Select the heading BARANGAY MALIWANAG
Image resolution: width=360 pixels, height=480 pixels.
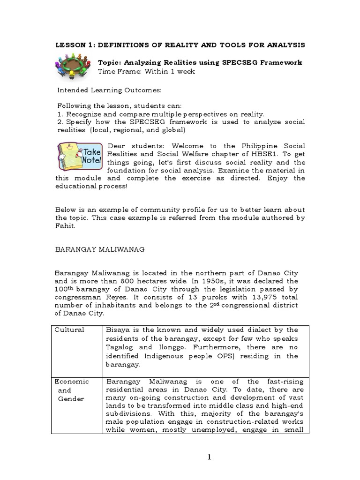click(x=100, y=250)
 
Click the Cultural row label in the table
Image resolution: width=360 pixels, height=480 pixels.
click(x=70, y=330)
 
